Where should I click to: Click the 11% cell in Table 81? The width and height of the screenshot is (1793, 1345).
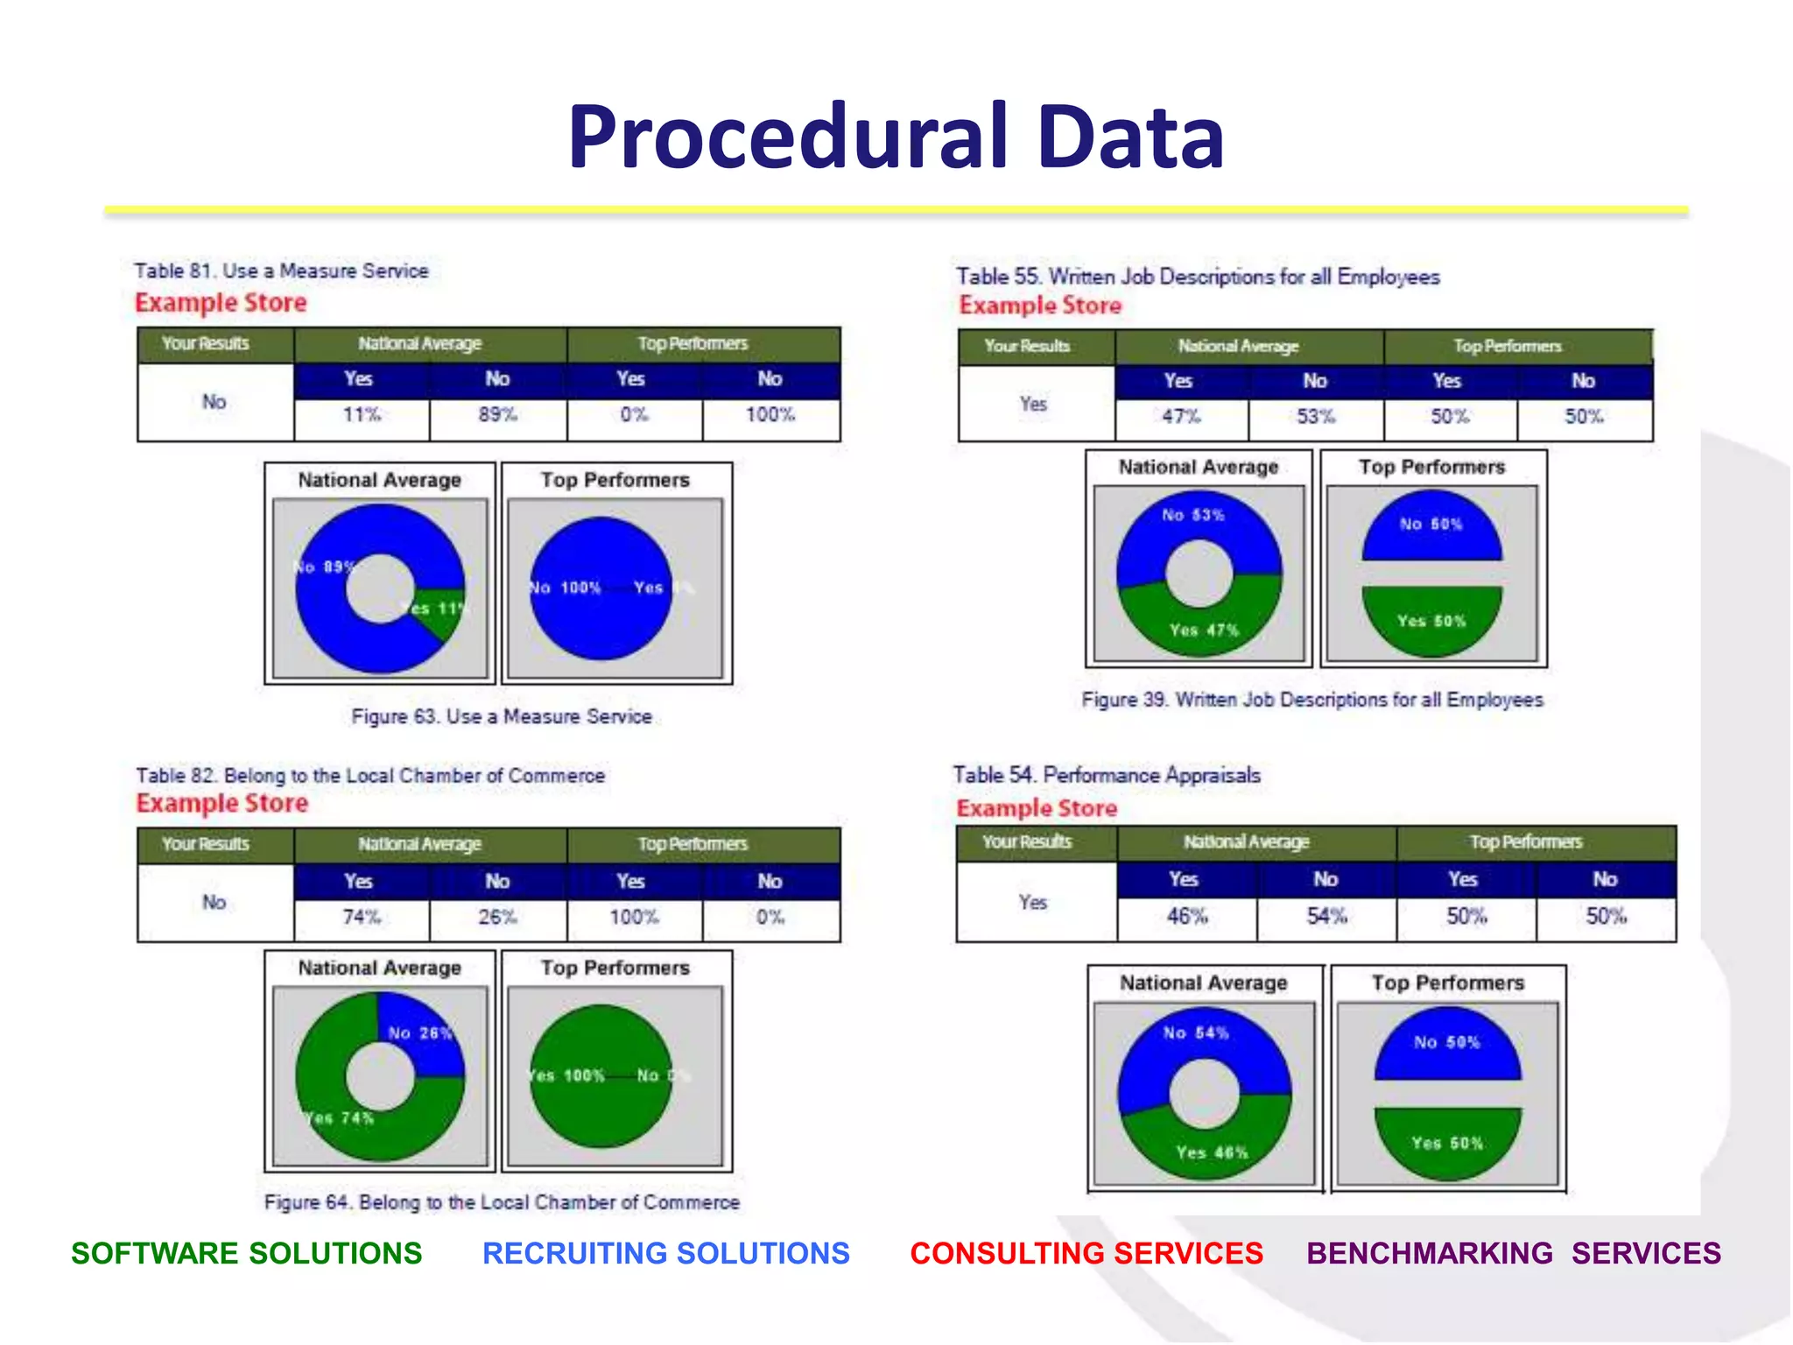click(362, 415)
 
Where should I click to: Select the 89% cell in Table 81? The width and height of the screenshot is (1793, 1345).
click(497, 415)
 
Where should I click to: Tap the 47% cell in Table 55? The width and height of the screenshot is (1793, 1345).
click(1181, 417)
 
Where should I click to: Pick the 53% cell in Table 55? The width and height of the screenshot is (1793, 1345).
click(1315, 417)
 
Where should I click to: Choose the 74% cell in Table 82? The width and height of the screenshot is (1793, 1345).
click(362, 918)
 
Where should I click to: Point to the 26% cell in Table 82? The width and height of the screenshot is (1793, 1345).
click(497, 918)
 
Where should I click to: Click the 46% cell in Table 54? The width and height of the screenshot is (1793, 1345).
click(1186, 917)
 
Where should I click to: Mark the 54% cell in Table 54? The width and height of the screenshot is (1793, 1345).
click(1326, 917)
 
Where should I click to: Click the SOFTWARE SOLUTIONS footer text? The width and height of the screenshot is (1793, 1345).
click(246, 1254)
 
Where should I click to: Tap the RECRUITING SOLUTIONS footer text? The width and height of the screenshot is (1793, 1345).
click(665, 1254)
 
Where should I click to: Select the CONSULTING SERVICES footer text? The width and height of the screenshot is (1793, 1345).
click(1086, 1254)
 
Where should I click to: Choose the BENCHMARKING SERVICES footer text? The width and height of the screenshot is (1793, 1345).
click(1513, 1254)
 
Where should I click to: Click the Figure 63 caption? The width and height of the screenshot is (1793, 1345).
click(502, 717)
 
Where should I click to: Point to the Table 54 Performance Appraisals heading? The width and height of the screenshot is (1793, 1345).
click(1107, 776)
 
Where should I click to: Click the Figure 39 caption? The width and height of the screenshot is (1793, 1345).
click(1311, 701)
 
